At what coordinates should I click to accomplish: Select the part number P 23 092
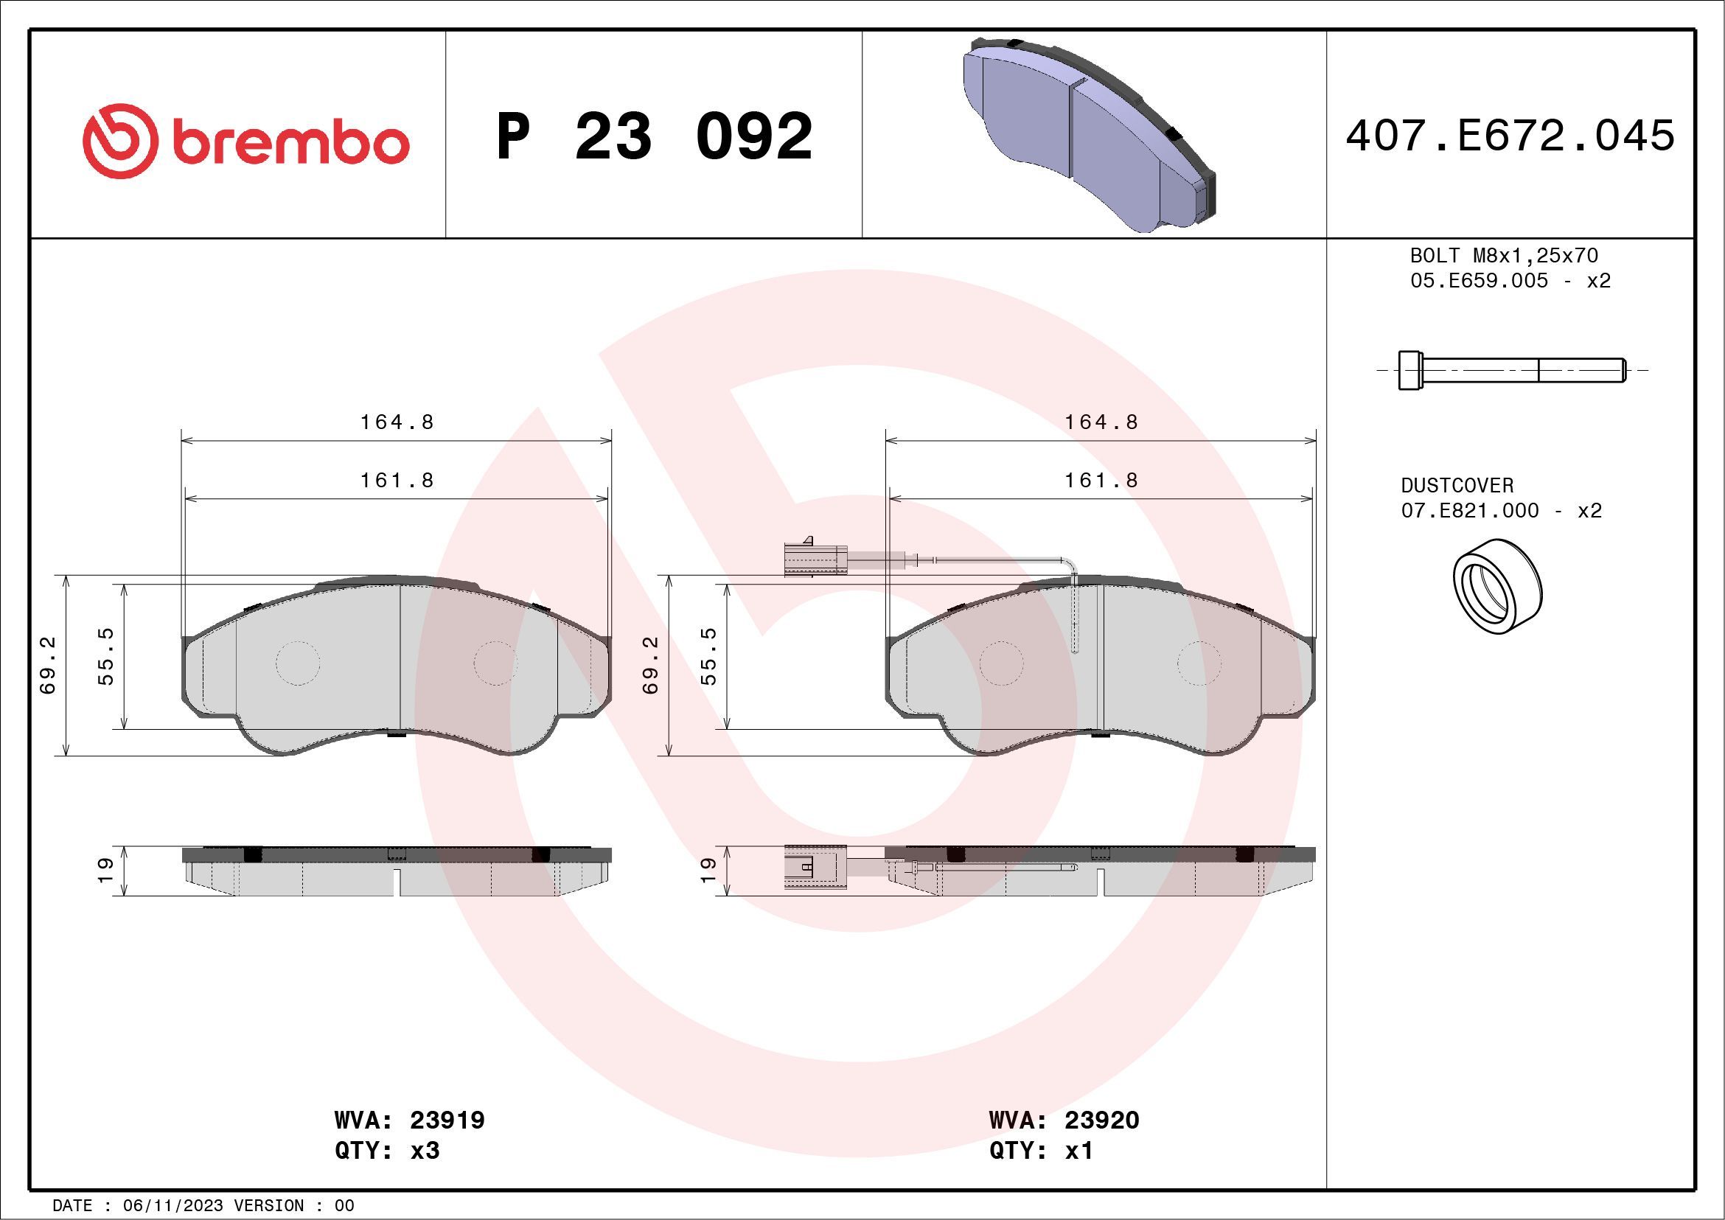[655, 136]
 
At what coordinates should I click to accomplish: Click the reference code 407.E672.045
[1510, 136]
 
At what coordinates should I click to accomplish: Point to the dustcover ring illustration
[1497, 587]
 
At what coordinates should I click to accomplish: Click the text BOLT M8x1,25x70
[1503, 255]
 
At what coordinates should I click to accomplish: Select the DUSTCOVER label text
[1457, 485]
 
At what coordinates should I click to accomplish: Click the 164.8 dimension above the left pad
[397, 422]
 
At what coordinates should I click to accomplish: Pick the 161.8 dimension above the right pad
[1101, 480]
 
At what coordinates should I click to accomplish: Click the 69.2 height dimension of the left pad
[49, 666]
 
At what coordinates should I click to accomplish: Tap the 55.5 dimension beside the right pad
[708, 657]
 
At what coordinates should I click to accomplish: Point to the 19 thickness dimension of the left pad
[106, 869]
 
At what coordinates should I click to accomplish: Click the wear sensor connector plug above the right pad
[815, 559]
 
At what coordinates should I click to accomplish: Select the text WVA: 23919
[409, 1120]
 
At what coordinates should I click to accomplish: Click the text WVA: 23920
[1064, 1120]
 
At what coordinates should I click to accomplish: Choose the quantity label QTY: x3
[387, 1150]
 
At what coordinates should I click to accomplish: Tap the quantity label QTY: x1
[1041, 1150]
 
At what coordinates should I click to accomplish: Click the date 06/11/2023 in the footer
[172, 1206]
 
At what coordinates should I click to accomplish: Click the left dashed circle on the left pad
[298, 663]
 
